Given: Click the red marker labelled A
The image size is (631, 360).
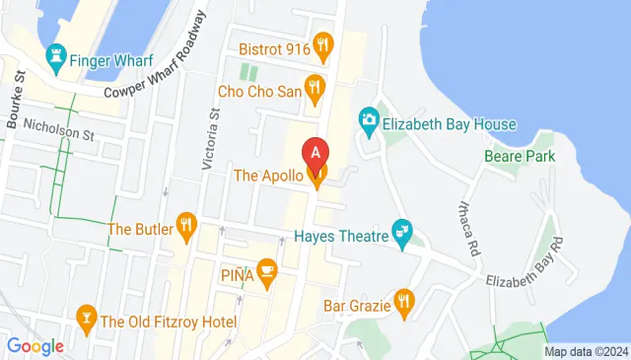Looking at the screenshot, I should [315, 154].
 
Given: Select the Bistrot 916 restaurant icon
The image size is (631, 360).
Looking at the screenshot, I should [322, 44].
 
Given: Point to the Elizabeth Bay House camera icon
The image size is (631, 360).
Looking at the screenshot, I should [370, 123].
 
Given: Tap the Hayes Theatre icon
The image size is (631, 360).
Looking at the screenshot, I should [402, 234].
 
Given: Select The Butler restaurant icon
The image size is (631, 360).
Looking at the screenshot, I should [184, 228].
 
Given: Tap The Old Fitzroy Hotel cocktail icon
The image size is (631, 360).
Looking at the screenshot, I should [86, 320].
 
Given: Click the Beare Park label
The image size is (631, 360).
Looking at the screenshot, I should [520, 156].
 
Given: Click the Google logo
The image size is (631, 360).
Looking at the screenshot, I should [35, 345].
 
